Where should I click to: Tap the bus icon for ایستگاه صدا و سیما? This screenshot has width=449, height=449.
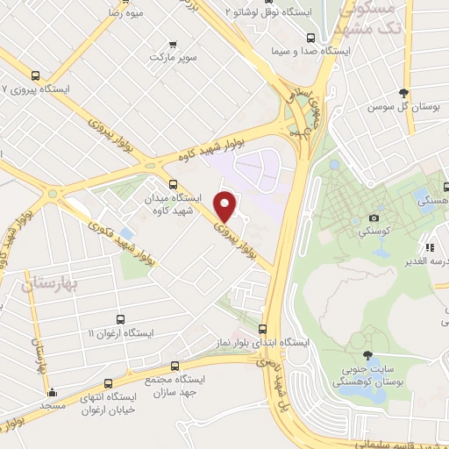coord(310,38)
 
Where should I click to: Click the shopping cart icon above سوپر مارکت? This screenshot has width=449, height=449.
coord(172,44)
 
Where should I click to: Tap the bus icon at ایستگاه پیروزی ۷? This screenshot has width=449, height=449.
coord(35,75)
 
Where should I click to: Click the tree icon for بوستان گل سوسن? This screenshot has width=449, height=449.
coord(404,92)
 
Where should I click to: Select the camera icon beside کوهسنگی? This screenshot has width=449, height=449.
coord(374,217)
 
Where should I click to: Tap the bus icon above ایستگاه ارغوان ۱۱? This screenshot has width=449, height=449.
coord(120,320)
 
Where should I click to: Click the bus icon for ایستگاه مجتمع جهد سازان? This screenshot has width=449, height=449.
coord(175,366)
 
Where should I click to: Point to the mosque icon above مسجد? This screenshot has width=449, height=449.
coord(53,392)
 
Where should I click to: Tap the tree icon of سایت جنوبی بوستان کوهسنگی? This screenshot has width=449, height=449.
coord(367,357)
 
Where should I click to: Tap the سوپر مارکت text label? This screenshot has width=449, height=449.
coord(170,57)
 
